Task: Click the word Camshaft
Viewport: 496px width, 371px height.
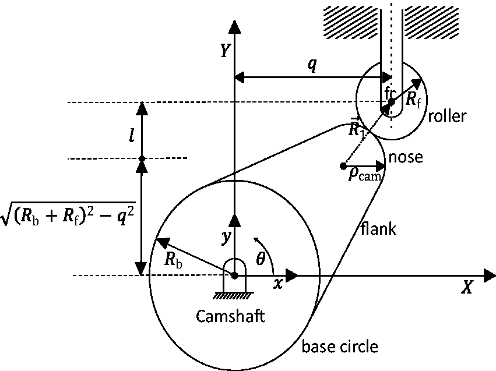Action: click(x=230, y=316)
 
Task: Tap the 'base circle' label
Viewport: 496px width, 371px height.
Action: click(x=340, y=347)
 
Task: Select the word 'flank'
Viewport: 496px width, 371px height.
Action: click(x=378, y=228)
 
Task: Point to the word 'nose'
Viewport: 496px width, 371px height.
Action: click(x=406, y=157)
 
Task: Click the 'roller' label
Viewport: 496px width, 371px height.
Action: click(x=447, y=116)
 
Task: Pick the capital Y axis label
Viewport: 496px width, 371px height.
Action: click(x=225, y=51)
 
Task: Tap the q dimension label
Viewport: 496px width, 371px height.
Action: click(x=312, y=65)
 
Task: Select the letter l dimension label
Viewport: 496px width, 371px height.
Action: click(x=132, y=136)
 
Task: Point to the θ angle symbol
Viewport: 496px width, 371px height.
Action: click(x=260, y=259)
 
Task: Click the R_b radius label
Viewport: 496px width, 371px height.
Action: click(x=173, y=260)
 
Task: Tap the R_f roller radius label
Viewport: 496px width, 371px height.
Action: click(x=413, y=100)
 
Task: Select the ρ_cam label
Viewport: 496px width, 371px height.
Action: click(x=365, y=174)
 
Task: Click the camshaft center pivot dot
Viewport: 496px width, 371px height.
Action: click(x=234, y=275)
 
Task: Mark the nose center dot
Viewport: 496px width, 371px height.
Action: click(x=343, y=165)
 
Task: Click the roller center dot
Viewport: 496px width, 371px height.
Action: click(x=391, y=102)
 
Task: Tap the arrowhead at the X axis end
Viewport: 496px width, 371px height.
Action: click(x=490, y=275)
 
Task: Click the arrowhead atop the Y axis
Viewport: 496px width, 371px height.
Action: click(x=234, y=26)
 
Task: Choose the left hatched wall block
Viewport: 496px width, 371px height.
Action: click(x=350, y=23)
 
